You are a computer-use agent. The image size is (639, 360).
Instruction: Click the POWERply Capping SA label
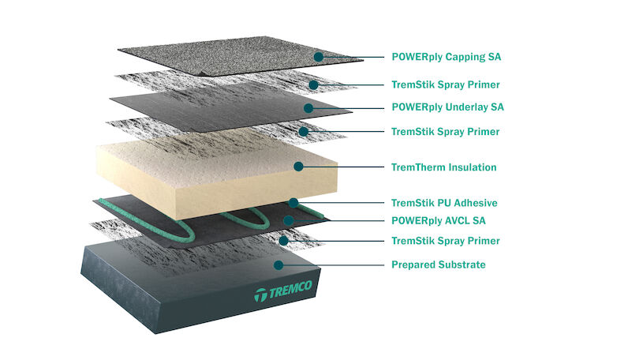click(447, 57)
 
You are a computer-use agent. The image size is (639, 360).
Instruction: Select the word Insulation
click(473, 167)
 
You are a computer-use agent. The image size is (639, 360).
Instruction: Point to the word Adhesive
click(476, 203)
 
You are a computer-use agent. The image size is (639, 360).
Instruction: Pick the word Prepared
click(412, 265)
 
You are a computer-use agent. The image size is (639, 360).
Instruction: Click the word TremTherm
click(418, 167)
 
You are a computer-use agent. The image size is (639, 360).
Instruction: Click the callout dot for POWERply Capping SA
click(319, 57)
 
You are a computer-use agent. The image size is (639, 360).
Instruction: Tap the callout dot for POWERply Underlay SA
click(308, 108)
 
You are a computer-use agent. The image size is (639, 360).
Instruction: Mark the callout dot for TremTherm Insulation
click(298, 167)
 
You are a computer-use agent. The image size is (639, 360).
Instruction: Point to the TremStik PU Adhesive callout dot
click(293, 202)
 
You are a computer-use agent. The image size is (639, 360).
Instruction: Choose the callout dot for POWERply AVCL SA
click(289, 220)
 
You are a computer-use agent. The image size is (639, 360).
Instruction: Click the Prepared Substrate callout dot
click(278, 265)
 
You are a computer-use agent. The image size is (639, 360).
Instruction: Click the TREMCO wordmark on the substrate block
click(290, 289)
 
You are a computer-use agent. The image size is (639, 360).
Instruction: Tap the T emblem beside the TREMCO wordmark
click(261, 294)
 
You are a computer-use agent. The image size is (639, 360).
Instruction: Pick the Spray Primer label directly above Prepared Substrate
click(446, 241)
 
